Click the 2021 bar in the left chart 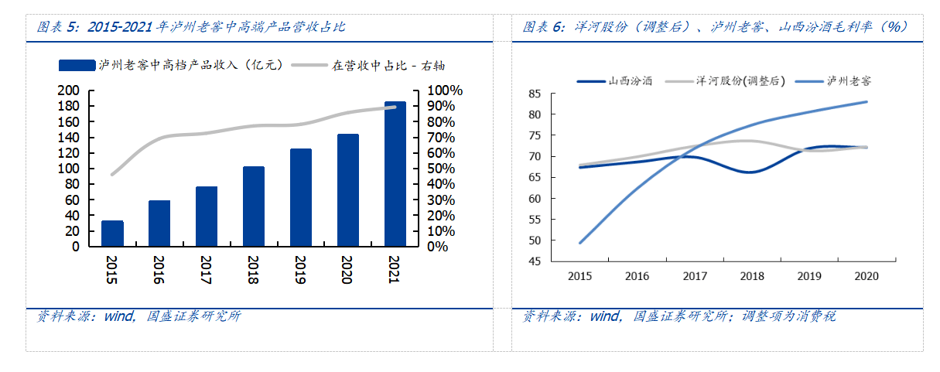(x=395, y=174)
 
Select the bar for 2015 (x=112, y=234)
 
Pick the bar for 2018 (x=254, y=206)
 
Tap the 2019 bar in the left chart (x=301, y=198)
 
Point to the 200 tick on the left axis (x=69, y=90)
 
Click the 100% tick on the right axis (x=445, y=90)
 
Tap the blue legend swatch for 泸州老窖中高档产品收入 (x=77, y=65)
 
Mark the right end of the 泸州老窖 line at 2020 (x=867, y=102)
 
